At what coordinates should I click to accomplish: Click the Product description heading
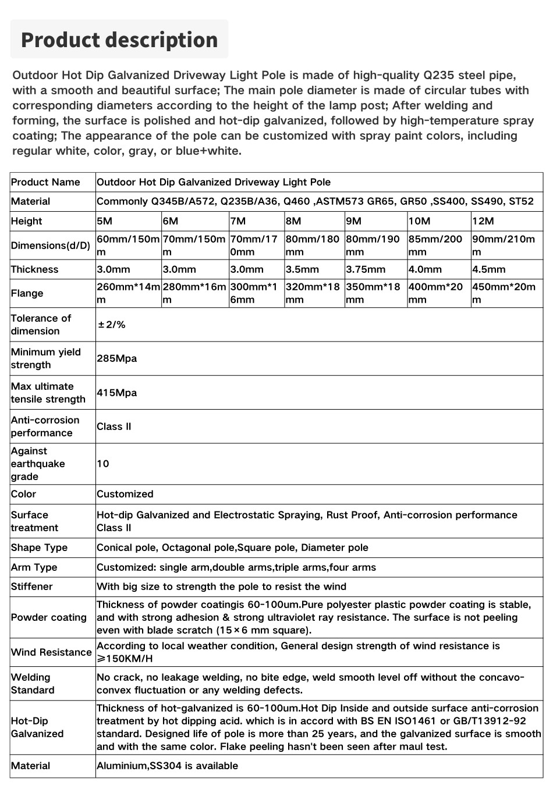point(119,40)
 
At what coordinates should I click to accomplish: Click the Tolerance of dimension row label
point(41,325)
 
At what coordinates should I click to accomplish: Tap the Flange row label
point(27,293)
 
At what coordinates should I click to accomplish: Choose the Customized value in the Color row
point(125,494)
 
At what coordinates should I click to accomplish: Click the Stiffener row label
point(32,587)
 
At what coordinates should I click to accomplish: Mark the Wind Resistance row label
point(51,652)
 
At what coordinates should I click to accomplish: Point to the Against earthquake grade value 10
point(103,464)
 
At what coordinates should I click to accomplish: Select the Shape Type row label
point(39,548)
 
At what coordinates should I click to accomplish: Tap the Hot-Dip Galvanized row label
point(37,727)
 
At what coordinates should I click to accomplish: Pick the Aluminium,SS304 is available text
point(167,766)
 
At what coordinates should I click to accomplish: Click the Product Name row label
point(45,182)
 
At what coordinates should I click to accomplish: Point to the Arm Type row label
point(34,567)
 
